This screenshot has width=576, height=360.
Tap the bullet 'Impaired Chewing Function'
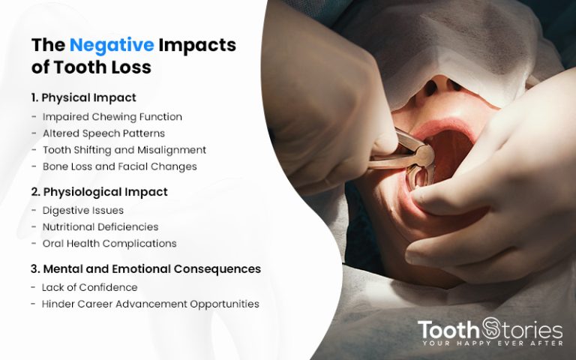[x=112, y=117]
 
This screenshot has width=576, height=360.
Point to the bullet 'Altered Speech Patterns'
[x=103, y=133]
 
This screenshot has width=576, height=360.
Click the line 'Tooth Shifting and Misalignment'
[x=124, y=150]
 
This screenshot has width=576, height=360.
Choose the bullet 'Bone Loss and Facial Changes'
[x=119, y=166]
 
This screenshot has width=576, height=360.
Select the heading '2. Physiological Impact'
[x=99, y=192]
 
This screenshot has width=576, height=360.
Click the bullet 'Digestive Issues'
[x=82, y=211]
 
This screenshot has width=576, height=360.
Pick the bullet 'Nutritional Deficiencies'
[x=100, y=227]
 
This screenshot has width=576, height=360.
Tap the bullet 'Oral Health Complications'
[x=109, y=244]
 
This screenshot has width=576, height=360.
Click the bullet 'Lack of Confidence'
[x=89, y=287]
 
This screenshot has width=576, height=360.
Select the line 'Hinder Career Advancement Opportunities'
[x=150, y=304]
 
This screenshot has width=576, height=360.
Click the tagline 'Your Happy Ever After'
[x=492, y=343]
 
